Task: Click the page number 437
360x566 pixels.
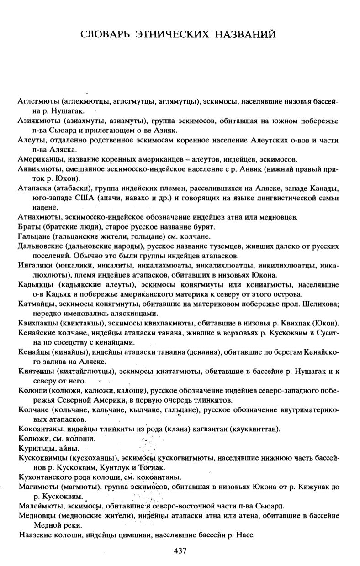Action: click(x=180, y=551)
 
